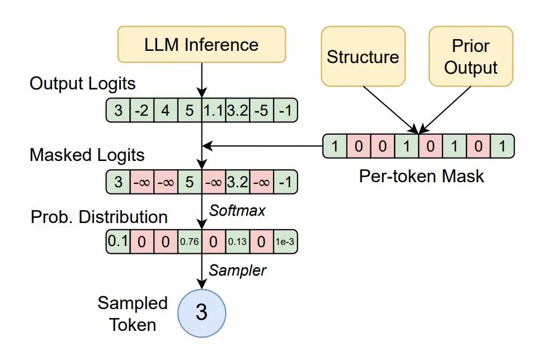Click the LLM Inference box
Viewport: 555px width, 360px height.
coord(201,45)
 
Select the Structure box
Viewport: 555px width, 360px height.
coord(363,57)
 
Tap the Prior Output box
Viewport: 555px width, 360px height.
coord(471,57)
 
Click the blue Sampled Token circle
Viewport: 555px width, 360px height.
coord(201,312)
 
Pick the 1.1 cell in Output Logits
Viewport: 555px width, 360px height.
coord(213,110)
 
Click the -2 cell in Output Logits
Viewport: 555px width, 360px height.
coord(142,110)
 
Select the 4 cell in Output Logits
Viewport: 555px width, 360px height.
coord(166,110)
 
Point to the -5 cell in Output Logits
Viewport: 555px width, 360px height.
coord(261,110)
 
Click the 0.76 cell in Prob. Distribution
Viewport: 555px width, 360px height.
coord(189,241)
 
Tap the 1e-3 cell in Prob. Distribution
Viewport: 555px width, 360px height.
coord(285,241)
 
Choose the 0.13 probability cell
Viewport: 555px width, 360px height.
coord(237,241)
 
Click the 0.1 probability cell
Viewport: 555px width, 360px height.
coord(117,241)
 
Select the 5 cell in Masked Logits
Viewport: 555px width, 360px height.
coord(189,182)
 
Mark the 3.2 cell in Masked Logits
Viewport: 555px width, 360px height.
coord(237,182)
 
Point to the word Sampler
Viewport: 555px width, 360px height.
coord(237,271)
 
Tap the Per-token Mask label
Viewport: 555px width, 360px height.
coord(421,176)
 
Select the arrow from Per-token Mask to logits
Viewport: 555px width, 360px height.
coord(263,146)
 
